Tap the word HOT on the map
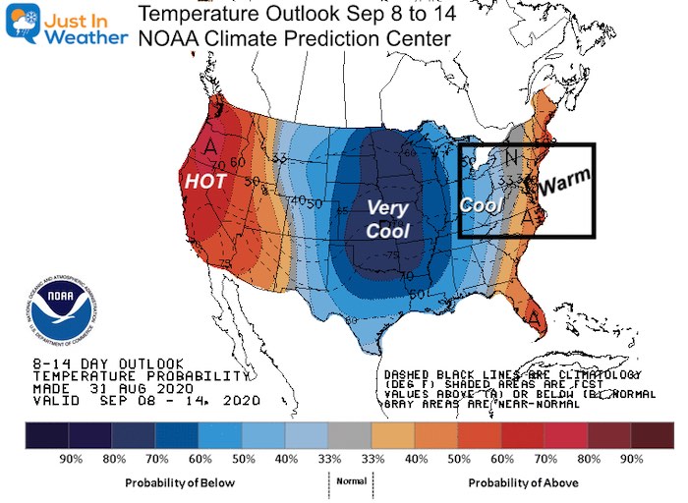[x=207, y=182]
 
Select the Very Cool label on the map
[x=387, y=218]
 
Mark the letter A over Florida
[x=535, y=318]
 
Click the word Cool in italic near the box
[x=481, y=203]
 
